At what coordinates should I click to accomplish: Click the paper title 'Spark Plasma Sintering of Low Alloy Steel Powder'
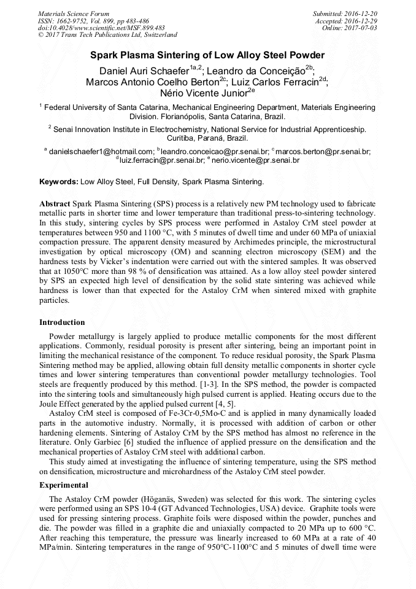[x=207, y=55]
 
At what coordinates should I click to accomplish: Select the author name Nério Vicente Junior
[x=203, y=93]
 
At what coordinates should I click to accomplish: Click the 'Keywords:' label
[x=58, y=182]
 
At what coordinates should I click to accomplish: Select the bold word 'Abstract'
[x=55, y=203]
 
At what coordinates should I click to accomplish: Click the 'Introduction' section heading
[x=62, y=322]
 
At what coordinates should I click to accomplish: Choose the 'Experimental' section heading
[x=64, y=485]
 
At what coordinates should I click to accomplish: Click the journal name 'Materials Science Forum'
[x=74, y=14]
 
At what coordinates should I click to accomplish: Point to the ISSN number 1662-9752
[x=74, y=21]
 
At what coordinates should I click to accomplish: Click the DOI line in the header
[x=101, y=28]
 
